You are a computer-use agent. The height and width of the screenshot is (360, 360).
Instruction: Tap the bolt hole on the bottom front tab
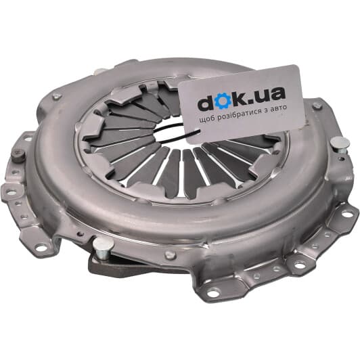(213, 293)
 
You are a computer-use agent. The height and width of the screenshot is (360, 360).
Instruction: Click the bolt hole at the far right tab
(347, 213)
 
